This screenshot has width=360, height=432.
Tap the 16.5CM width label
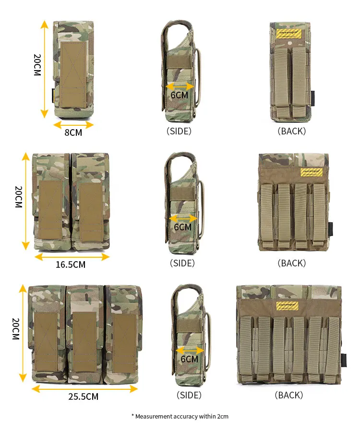(x=71, y=264)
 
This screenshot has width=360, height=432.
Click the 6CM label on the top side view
(x=180, y=95)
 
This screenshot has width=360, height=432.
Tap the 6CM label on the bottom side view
(x=190, y=359)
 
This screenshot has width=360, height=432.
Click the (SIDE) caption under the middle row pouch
(x=182, y=263)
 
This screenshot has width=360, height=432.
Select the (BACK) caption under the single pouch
(x=291, y=131)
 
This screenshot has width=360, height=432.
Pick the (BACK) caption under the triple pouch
(x=289, y=395)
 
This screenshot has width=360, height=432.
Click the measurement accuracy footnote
(x=180, y=416)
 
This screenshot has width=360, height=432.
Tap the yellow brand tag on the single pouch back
(x=291, y=34)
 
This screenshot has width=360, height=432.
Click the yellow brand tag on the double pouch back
(x=312, y=172)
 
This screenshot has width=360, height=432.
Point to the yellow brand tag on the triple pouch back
(x=288, y=306)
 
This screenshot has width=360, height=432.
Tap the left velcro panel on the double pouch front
(x=50, y=210)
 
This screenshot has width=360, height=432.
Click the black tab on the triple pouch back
(x=344, y=360)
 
